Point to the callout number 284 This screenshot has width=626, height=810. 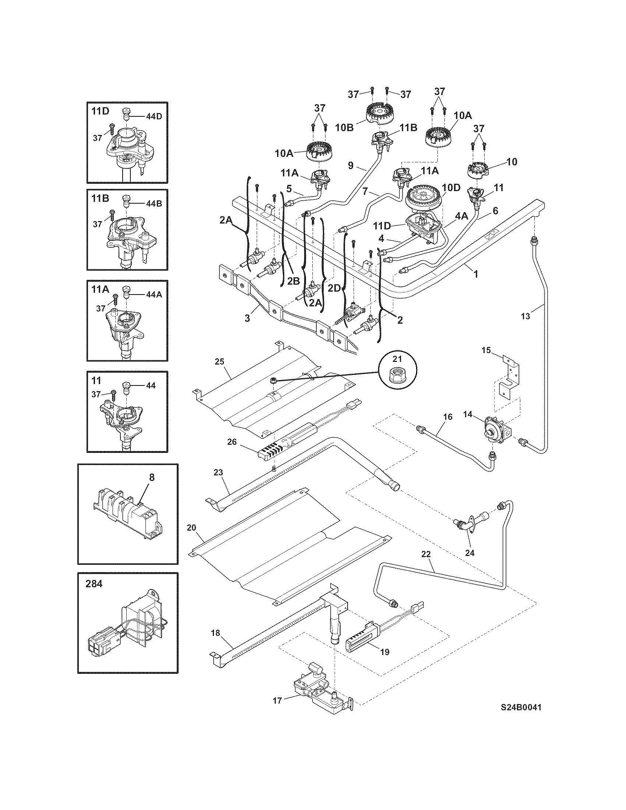(94, 584)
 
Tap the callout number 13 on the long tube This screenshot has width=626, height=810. (525, 316)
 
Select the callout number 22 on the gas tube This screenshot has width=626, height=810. (426, 564)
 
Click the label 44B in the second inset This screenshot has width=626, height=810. (154, 204)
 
